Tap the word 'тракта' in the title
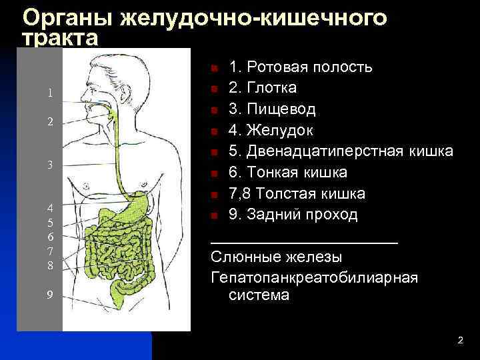click(x=60, y=39)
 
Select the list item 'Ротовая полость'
click(x=301, y=67)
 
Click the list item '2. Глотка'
click(x=263, y=88)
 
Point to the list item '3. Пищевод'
click(x=272, y=109)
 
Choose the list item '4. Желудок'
click(x=271, y=130)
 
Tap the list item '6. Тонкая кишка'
click(x=288, y=173)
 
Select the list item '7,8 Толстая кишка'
click(x=297, y=194)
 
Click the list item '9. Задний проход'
click(x=293, y=215)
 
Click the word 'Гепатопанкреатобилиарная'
click(x=314, y=278)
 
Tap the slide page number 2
click(x=460, y=341)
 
